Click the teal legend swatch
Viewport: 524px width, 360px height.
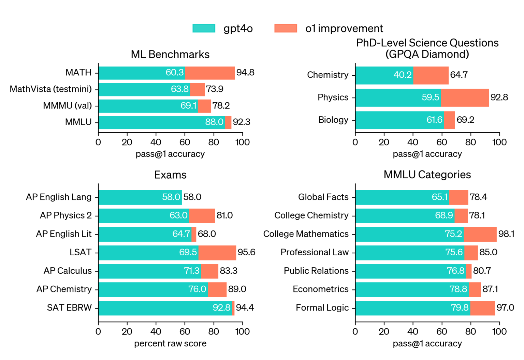[204, 28]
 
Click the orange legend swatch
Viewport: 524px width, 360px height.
[286, 28]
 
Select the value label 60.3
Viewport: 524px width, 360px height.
[175, 73]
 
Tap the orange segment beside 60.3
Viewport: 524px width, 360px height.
[210, 73]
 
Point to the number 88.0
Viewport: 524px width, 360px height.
[214, 122]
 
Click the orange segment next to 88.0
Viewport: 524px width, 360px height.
[228, 123]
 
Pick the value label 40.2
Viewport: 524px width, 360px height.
[403, 75]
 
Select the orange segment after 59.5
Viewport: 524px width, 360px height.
[465, 98]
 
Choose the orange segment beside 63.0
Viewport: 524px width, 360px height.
[202, 216]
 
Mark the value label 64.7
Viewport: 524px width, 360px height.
[181, 234]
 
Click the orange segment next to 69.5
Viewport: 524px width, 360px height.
[217, 253]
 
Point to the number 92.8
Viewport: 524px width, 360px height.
[221, 308]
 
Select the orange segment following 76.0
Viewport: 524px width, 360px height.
[217, 289]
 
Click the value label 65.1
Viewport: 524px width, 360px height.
[439, 197]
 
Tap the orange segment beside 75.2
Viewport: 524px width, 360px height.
[480, 234]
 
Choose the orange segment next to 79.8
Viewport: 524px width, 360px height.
[483, 308]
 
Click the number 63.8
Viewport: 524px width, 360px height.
[180, 89]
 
